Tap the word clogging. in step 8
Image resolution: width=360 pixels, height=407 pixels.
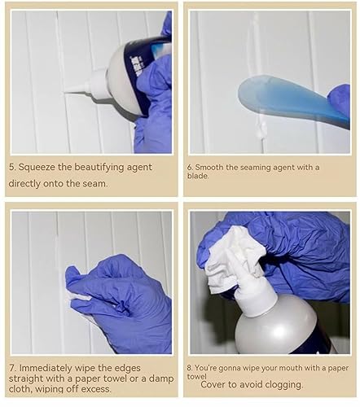pyautogui.click(x=283, y=385)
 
